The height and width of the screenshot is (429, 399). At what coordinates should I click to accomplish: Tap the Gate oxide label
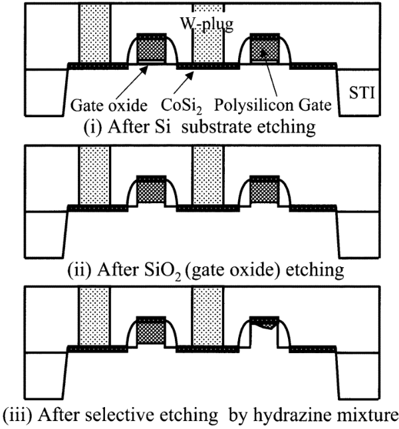pyautogui.click(x=103, y=105)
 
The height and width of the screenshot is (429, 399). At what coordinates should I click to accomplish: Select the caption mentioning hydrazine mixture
pyautogui.click(x=199, y=415)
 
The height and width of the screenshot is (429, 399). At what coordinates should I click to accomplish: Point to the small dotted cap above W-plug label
pyautogui.click(x=208, y=8)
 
